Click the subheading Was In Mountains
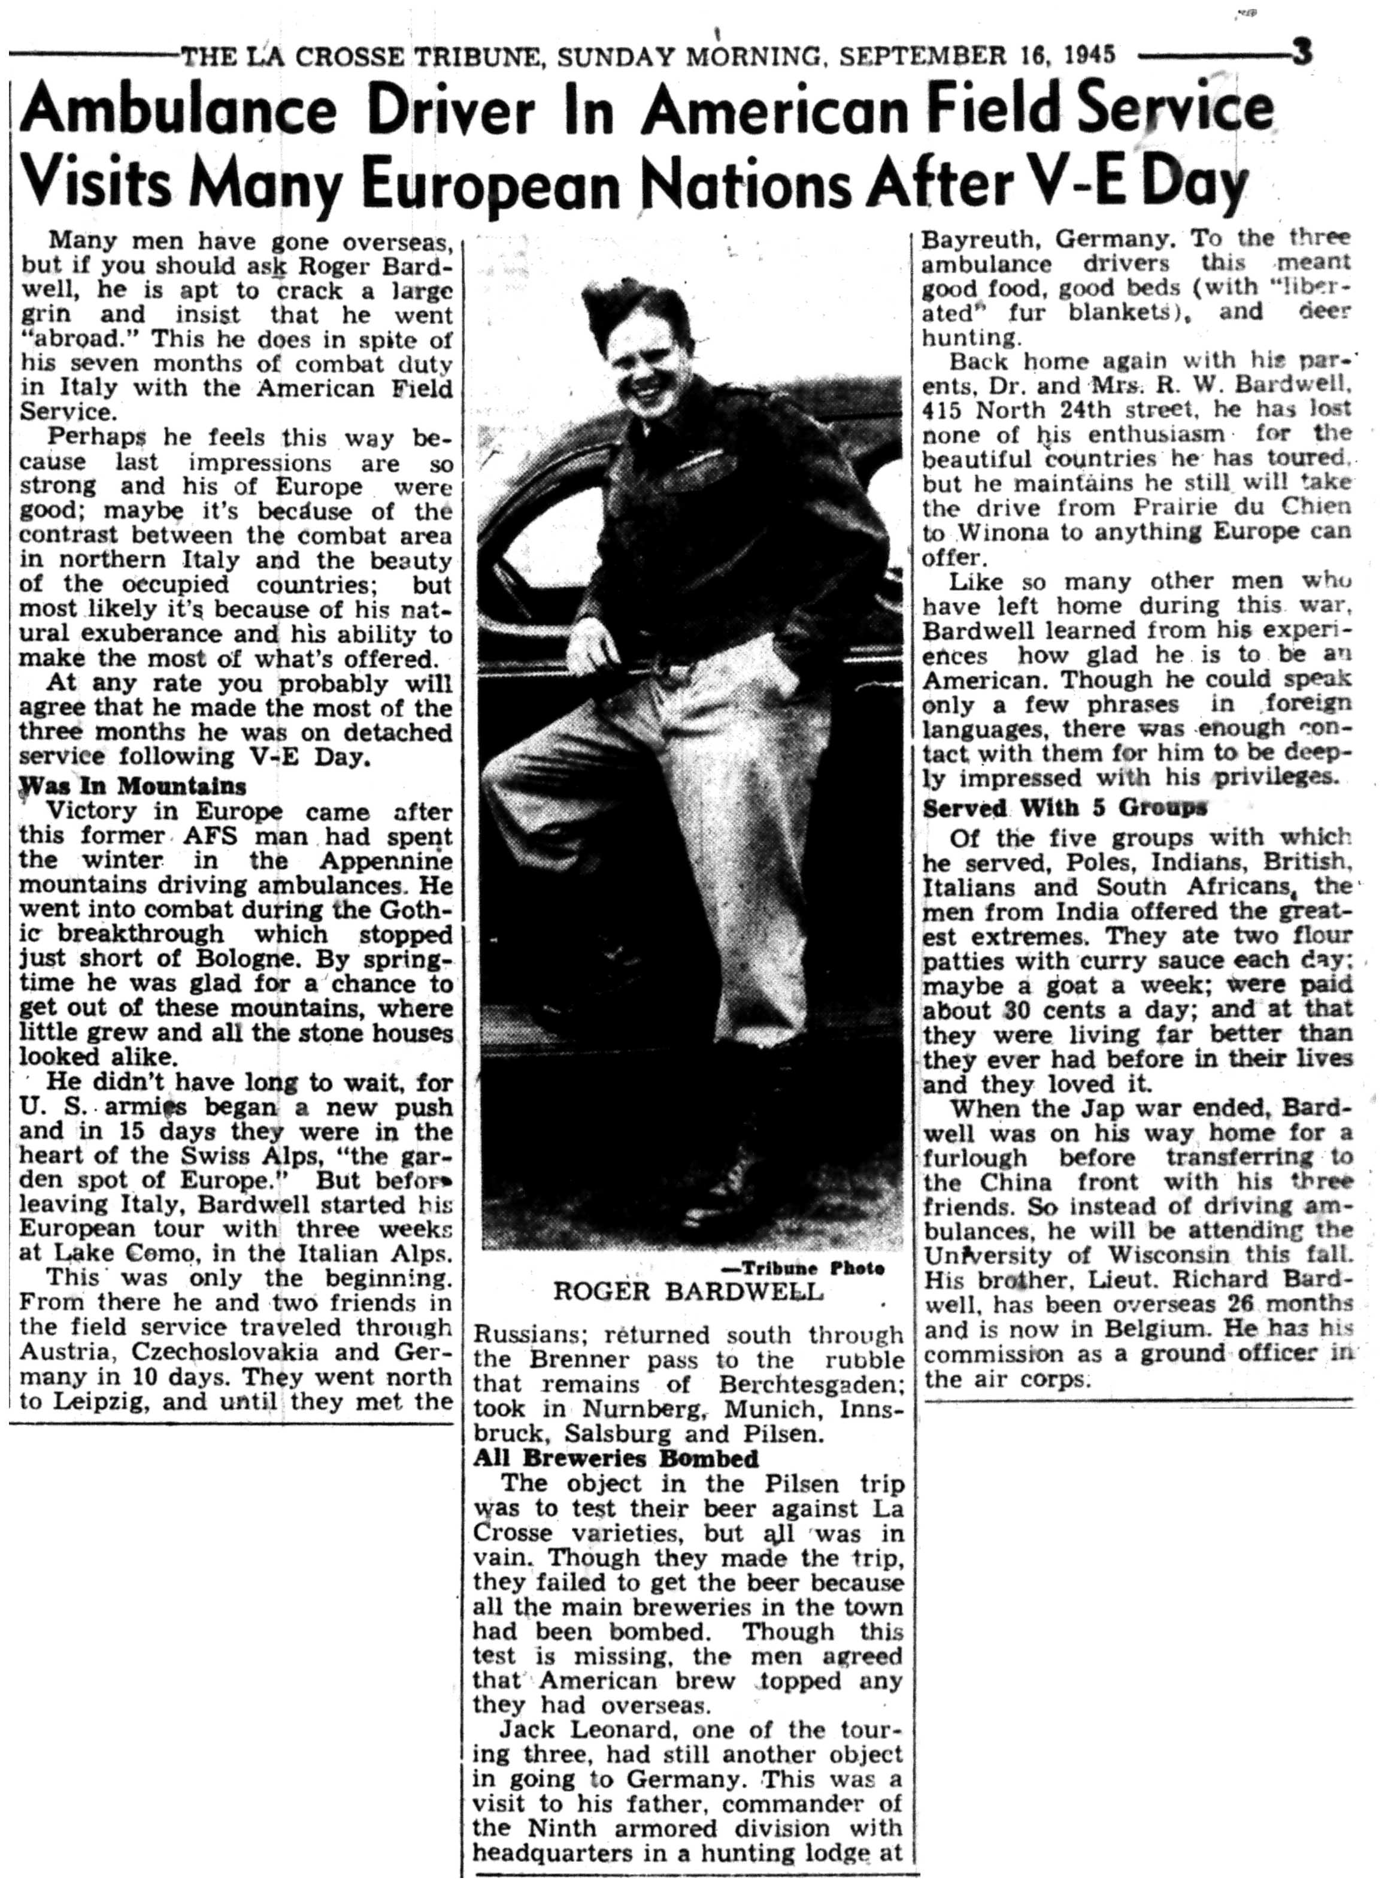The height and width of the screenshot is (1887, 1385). (x=132, y=787)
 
